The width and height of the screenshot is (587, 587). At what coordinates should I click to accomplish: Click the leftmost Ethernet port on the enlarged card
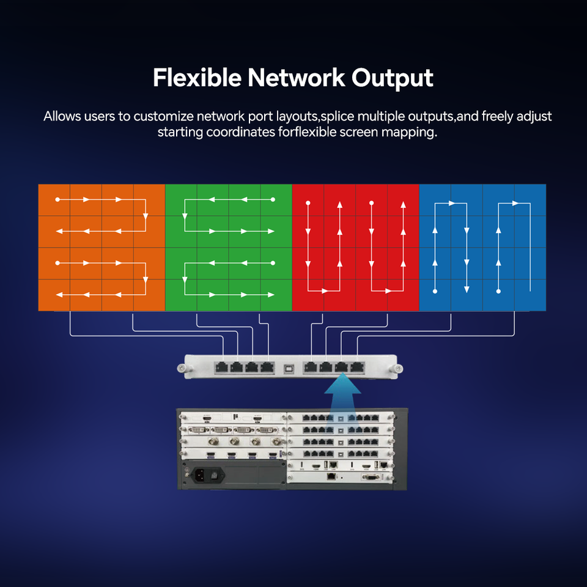tap(221, 367)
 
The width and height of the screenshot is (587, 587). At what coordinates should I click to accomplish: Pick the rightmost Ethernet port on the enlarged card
tap(358, 367)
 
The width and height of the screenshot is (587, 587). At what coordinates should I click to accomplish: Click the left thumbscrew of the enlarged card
tap(182, 368)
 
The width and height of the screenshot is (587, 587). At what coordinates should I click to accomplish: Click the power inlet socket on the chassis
tap(199, 474)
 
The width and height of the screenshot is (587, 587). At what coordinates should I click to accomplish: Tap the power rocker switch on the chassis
tap(215, 474)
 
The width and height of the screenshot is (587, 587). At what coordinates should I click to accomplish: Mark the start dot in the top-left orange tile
tap(57, 199)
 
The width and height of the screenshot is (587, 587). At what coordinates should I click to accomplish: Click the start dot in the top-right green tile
tap(273, 199)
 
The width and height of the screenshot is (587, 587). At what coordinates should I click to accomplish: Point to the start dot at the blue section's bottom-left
tap(435, 290)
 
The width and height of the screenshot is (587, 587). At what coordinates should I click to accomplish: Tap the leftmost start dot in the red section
tap(308, 202)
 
